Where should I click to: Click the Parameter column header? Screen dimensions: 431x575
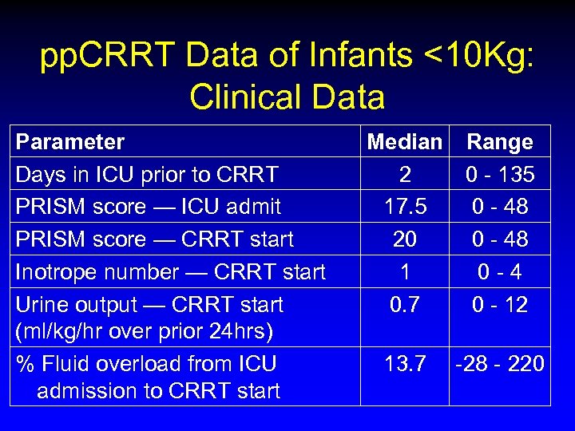(x=70, y=142)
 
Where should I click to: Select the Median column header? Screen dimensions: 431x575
(x=404, y=142)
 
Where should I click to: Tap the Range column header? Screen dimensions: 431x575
(x=500, y=142)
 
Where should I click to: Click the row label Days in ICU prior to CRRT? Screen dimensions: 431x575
(x=147, y=174)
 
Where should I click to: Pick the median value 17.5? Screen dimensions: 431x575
(x=404, y=207)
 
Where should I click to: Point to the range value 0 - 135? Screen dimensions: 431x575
(x=500, y=174)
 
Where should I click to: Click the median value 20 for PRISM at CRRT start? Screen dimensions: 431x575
(x=404, y=239)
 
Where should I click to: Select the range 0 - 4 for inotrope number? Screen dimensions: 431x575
(x=500, y=272)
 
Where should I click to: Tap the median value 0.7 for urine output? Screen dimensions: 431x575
(x=404, y=305)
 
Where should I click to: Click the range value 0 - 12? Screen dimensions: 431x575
(x=500, y=305)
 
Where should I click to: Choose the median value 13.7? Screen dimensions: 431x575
(x=404, y=364)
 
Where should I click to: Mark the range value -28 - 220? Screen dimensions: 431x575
(x=500, y=364)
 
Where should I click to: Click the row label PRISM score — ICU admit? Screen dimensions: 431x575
(x=149, y=207)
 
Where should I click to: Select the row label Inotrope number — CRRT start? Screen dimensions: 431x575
(x=171, y=272)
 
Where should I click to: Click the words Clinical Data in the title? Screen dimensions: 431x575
(x=287, y=97)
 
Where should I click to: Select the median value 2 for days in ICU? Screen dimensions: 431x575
(x=404, y=174)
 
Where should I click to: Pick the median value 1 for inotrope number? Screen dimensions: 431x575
(x=404, y=272)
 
